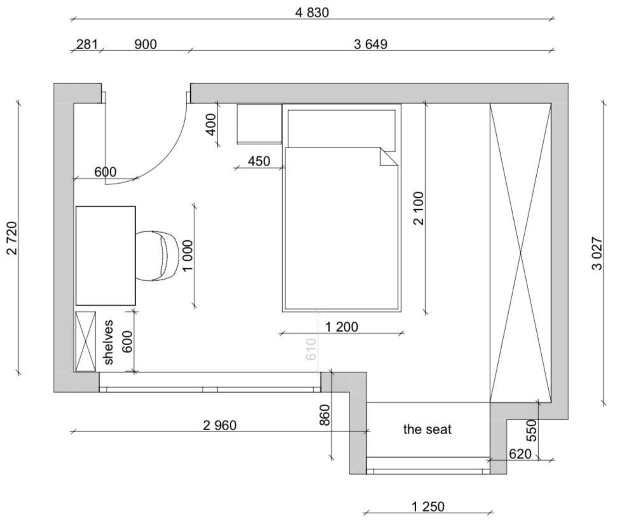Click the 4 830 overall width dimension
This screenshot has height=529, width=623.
312,13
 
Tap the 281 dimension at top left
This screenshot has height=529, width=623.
87,44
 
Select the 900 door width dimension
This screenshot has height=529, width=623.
146,44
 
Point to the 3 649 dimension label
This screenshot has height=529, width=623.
371,44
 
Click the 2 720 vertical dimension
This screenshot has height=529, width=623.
12,238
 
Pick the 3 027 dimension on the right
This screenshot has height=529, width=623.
597,253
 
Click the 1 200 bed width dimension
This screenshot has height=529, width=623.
342,327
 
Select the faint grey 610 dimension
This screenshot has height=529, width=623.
311,349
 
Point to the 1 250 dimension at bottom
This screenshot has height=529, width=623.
428,507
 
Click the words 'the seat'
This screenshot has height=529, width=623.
427,429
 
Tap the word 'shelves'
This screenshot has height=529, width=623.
108,342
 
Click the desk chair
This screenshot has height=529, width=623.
157,256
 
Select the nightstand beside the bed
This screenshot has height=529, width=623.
259,124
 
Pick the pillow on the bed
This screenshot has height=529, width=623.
342,129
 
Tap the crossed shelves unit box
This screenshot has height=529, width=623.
86,341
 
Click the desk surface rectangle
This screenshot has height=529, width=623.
106,256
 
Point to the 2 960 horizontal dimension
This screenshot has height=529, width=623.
220,425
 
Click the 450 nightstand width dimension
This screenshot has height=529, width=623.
259,161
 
